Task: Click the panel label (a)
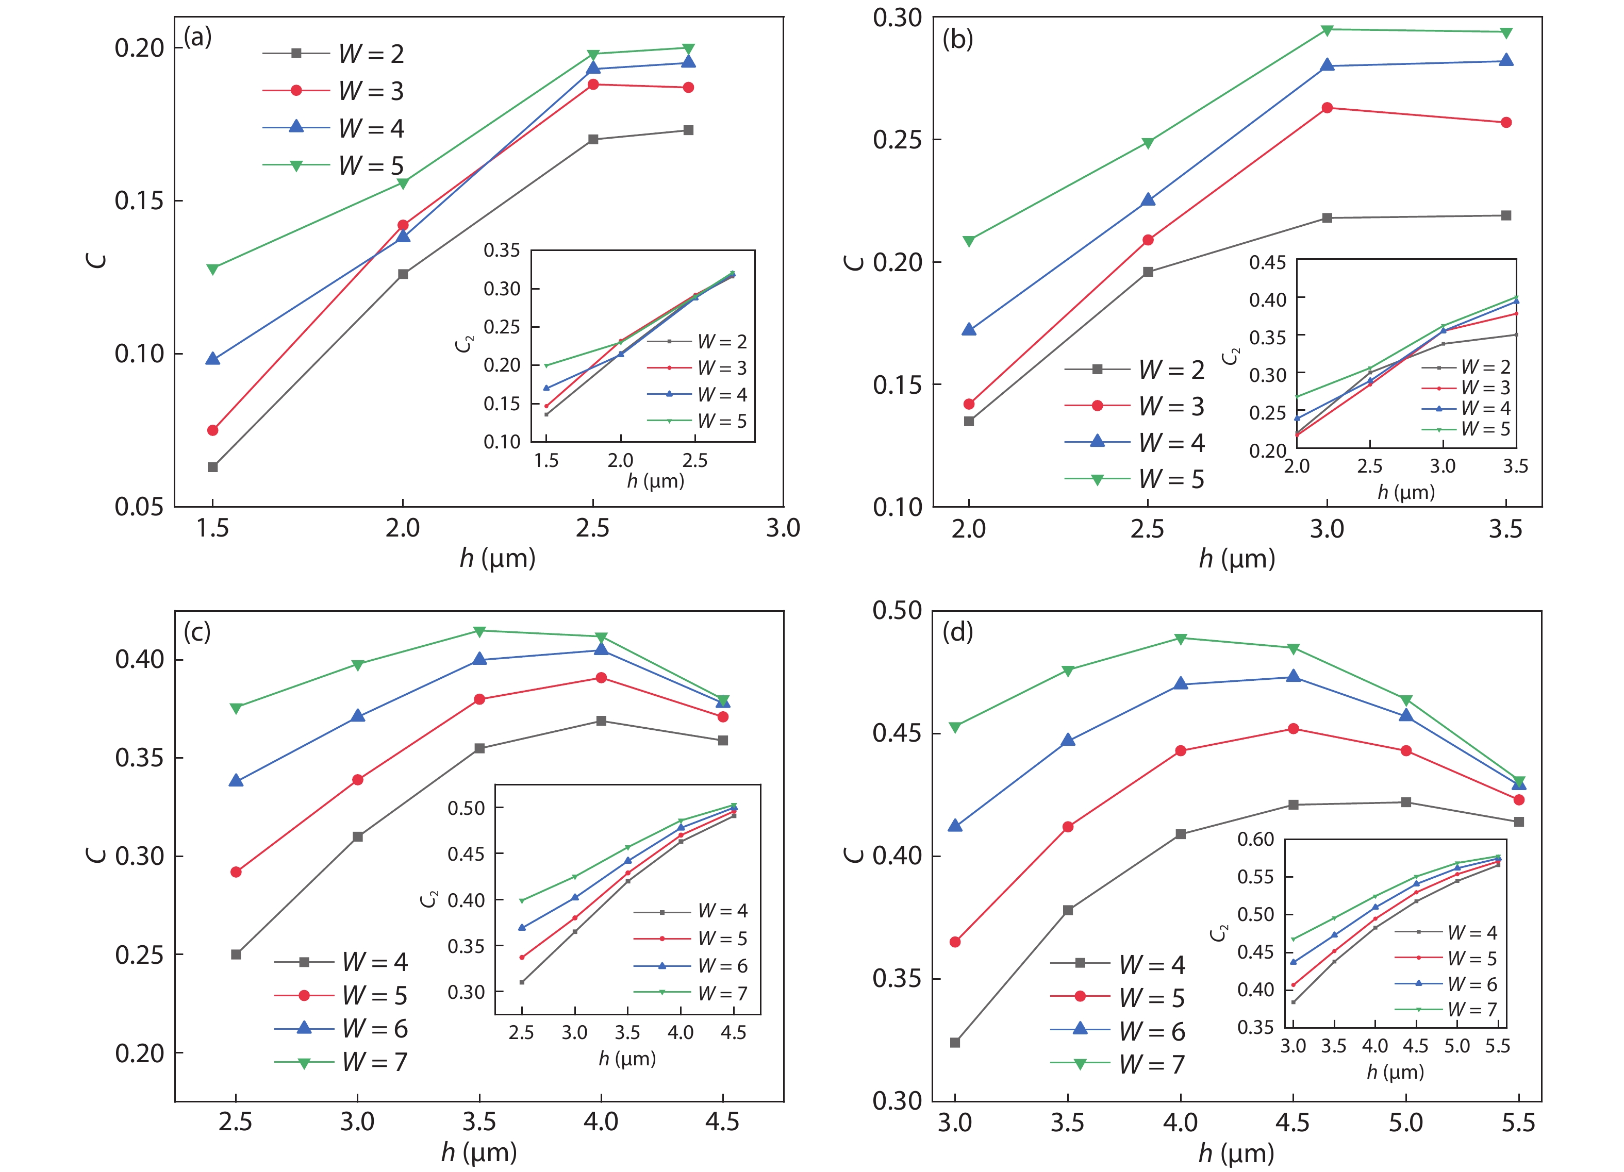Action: coord(197,37)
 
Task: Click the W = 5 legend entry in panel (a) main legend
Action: coord(371,166)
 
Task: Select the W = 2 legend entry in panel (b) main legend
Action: coord(1171,370)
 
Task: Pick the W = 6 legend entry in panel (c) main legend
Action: coord(374,1028)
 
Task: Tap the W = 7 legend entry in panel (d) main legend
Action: coord(1152,1064)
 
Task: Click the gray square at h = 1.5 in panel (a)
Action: coord(212,467)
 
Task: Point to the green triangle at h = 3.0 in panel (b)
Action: coord(1327,30)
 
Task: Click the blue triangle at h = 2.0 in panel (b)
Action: coord(969,330)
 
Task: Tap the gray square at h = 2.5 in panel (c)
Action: coord(236,955)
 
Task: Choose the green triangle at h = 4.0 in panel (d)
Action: coord(1181,639)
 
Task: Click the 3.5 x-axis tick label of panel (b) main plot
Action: coord(1506,529)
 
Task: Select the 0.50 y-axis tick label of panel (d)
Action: coord(897,611)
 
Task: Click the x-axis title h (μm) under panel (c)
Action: coord(479,1152)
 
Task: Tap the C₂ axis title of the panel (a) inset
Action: coord(464,344)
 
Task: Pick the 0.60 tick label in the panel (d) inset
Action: coord(1255,839)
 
